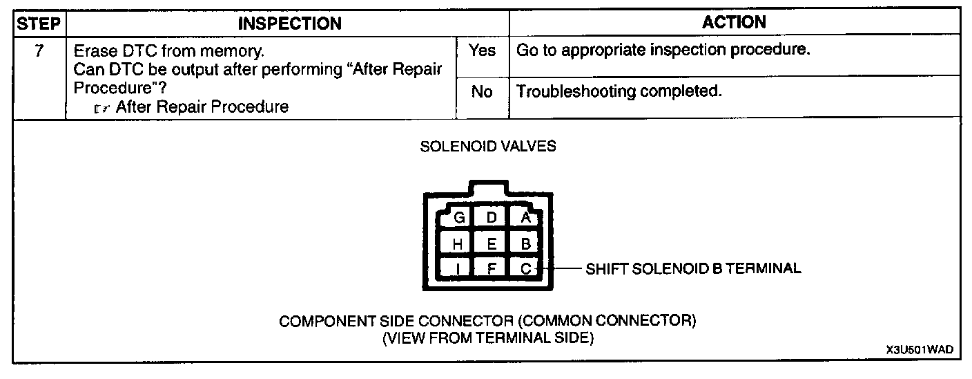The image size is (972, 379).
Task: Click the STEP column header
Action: point(39,24)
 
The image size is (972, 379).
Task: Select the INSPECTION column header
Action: point(289,24)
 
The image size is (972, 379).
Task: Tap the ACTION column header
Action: point(734,22)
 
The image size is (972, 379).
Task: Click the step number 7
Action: point(39,52)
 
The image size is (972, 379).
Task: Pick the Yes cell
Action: point(482,50)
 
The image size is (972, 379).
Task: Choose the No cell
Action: point(482,92)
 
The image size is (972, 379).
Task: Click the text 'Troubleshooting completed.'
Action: point(619,91)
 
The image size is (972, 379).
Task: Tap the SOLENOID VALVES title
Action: point(487,147)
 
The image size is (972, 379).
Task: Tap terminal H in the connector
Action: point(458,243)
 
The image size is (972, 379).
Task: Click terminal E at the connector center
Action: point(492,243)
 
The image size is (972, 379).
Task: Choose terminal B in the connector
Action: point(525,243)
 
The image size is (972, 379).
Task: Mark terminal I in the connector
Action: point(458,268)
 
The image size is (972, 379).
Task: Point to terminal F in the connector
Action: point(492,268)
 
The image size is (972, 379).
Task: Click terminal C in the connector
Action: point(525,268)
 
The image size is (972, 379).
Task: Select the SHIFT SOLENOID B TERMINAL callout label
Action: point(693,268)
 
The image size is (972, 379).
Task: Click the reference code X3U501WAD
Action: point(920,351)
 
